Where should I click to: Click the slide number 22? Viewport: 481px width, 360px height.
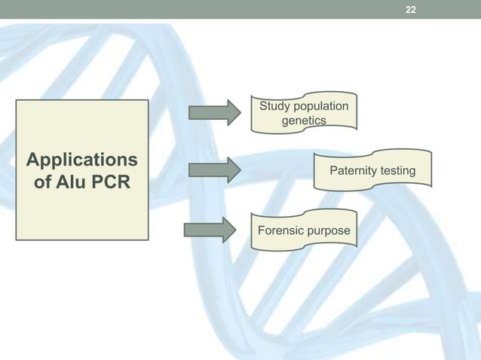coord(410,10)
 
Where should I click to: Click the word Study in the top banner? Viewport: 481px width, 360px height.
coord(275,106)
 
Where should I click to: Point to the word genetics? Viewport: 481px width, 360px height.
coord(304,120)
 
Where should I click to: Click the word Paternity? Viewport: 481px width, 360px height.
coord(354,172)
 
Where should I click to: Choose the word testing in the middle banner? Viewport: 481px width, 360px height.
coord(397,172)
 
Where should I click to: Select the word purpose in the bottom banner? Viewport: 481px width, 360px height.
coord(329,229)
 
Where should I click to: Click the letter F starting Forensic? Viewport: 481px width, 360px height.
coord(262,229)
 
